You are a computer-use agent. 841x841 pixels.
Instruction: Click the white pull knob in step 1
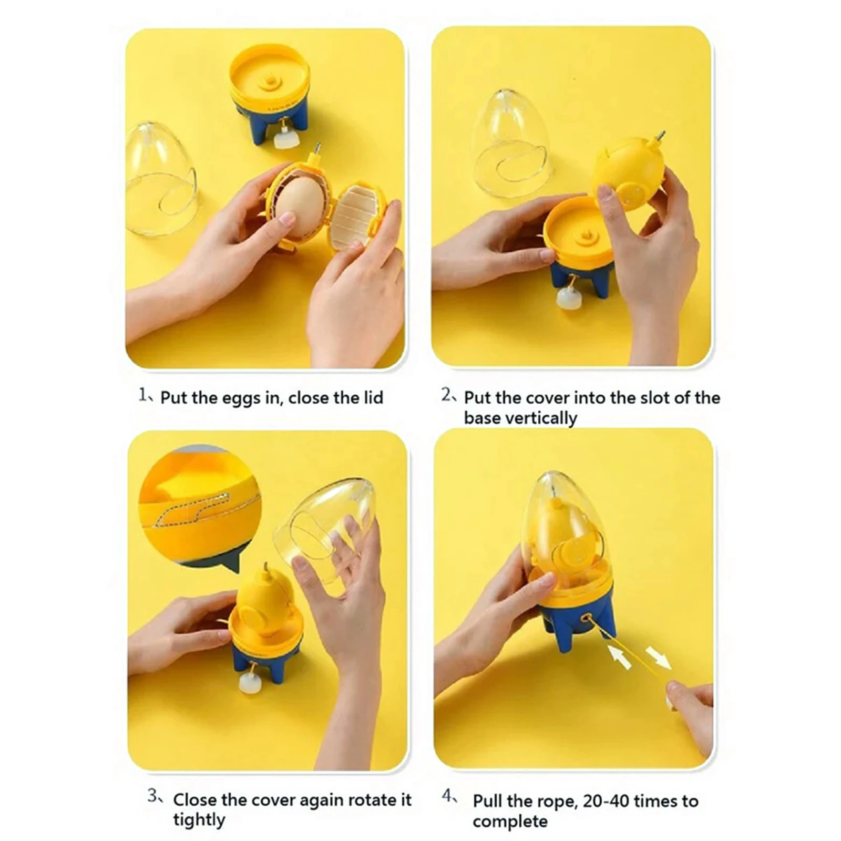click(x=286, y=139)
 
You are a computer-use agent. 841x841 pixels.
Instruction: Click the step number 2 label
click(x=447, y=394)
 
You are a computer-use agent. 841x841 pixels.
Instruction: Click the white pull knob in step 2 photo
click(x=569, y=299)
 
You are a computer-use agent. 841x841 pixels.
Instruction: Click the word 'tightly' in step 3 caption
click(x=199, y=820)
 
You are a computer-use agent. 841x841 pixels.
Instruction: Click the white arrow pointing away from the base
click(x=658, y=658)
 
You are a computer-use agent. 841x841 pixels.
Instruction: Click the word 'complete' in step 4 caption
click(x=509, y=822)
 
